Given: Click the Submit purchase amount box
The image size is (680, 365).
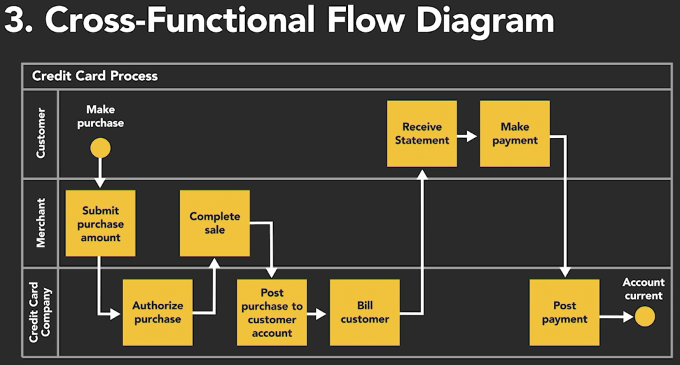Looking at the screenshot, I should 100,224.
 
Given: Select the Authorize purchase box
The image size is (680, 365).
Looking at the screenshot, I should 157,313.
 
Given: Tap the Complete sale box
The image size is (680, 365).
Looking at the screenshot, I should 214,223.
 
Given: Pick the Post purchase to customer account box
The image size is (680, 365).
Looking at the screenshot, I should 272,313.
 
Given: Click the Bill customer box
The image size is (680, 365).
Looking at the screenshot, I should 365,313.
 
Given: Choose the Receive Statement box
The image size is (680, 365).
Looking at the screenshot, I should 422,133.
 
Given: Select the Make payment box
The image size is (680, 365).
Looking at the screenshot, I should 515,133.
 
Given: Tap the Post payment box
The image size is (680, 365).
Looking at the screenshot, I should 564,313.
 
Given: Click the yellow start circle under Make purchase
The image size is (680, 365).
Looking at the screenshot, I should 100,148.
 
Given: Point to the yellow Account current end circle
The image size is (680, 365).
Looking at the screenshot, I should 644,317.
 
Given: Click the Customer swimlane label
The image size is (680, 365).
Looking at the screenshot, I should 41,134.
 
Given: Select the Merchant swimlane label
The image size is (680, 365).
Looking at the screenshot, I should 41,223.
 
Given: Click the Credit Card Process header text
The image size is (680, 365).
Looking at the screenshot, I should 95,76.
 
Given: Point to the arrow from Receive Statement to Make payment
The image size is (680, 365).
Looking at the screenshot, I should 468,137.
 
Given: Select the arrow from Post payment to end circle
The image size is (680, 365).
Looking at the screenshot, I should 616,317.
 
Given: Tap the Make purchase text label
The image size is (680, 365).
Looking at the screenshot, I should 100,116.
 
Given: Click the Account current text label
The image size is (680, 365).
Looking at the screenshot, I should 643,289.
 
